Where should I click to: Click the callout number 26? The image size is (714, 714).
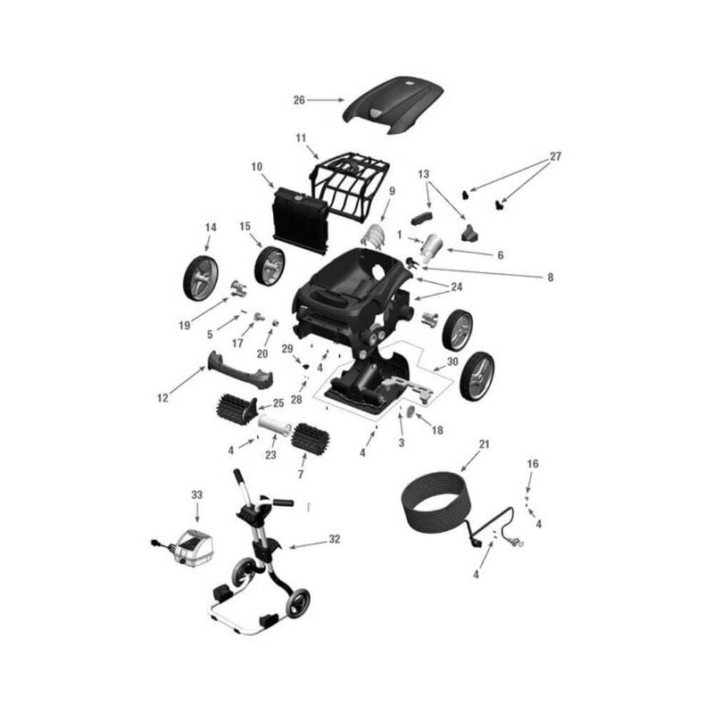(x=299, y=100)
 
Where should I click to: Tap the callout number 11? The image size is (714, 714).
(x=301, y=137)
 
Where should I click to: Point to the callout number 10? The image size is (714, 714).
(x=257, y=167)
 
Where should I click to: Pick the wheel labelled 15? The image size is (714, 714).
(x=270, y=266)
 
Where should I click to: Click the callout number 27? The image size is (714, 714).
(x=555, y=156)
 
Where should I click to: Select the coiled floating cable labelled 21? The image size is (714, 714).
(x=437, y=503)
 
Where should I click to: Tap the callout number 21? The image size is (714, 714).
(x=485, y=444)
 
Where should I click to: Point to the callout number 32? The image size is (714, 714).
(x=334, y=540)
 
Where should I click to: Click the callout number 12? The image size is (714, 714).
(x=163, y=398)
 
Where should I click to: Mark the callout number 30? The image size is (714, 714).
(x=452, y=362)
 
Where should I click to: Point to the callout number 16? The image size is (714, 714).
(x=533, y=464)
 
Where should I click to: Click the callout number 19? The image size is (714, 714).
(x=184, y=325)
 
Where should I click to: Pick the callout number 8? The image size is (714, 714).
(x=550, y=278)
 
